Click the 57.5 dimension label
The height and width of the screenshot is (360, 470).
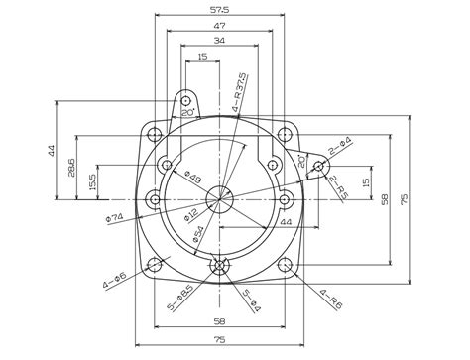click(219, 10)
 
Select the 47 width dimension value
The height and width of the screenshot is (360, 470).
click(219, 26)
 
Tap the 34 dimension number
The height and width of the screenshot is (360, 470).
click(219, 41)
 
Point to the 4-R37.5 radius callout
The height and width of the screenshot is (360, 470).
click(239, 92)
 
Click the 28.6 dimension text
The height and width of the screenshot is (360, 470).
click(71, 167)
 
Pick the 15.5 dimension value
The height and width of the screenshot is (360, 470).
click(93, 182)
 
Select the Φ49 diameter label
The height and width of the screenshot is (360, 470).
click(192, 177)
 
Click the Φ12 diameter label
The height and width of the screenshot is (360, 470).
click(191, 214)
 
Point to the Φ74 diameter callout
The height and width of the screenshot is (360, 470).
click(115, 218)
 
